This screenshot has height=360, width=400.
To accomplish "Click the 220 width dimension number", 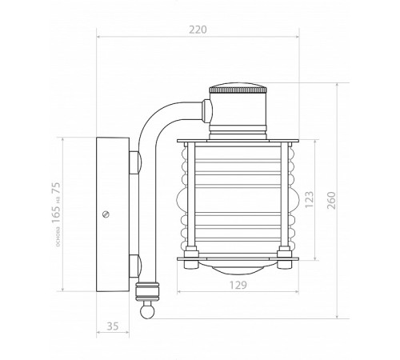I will tap(198, 30).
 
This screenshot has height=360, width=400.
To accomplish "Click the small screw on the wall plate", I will tap(106, 214).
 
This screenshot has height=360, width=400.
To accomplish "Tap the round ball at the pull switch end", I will tap(146, 313).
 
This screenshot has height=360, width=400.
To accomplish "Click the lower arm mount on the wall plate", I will tap(134, 263).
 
